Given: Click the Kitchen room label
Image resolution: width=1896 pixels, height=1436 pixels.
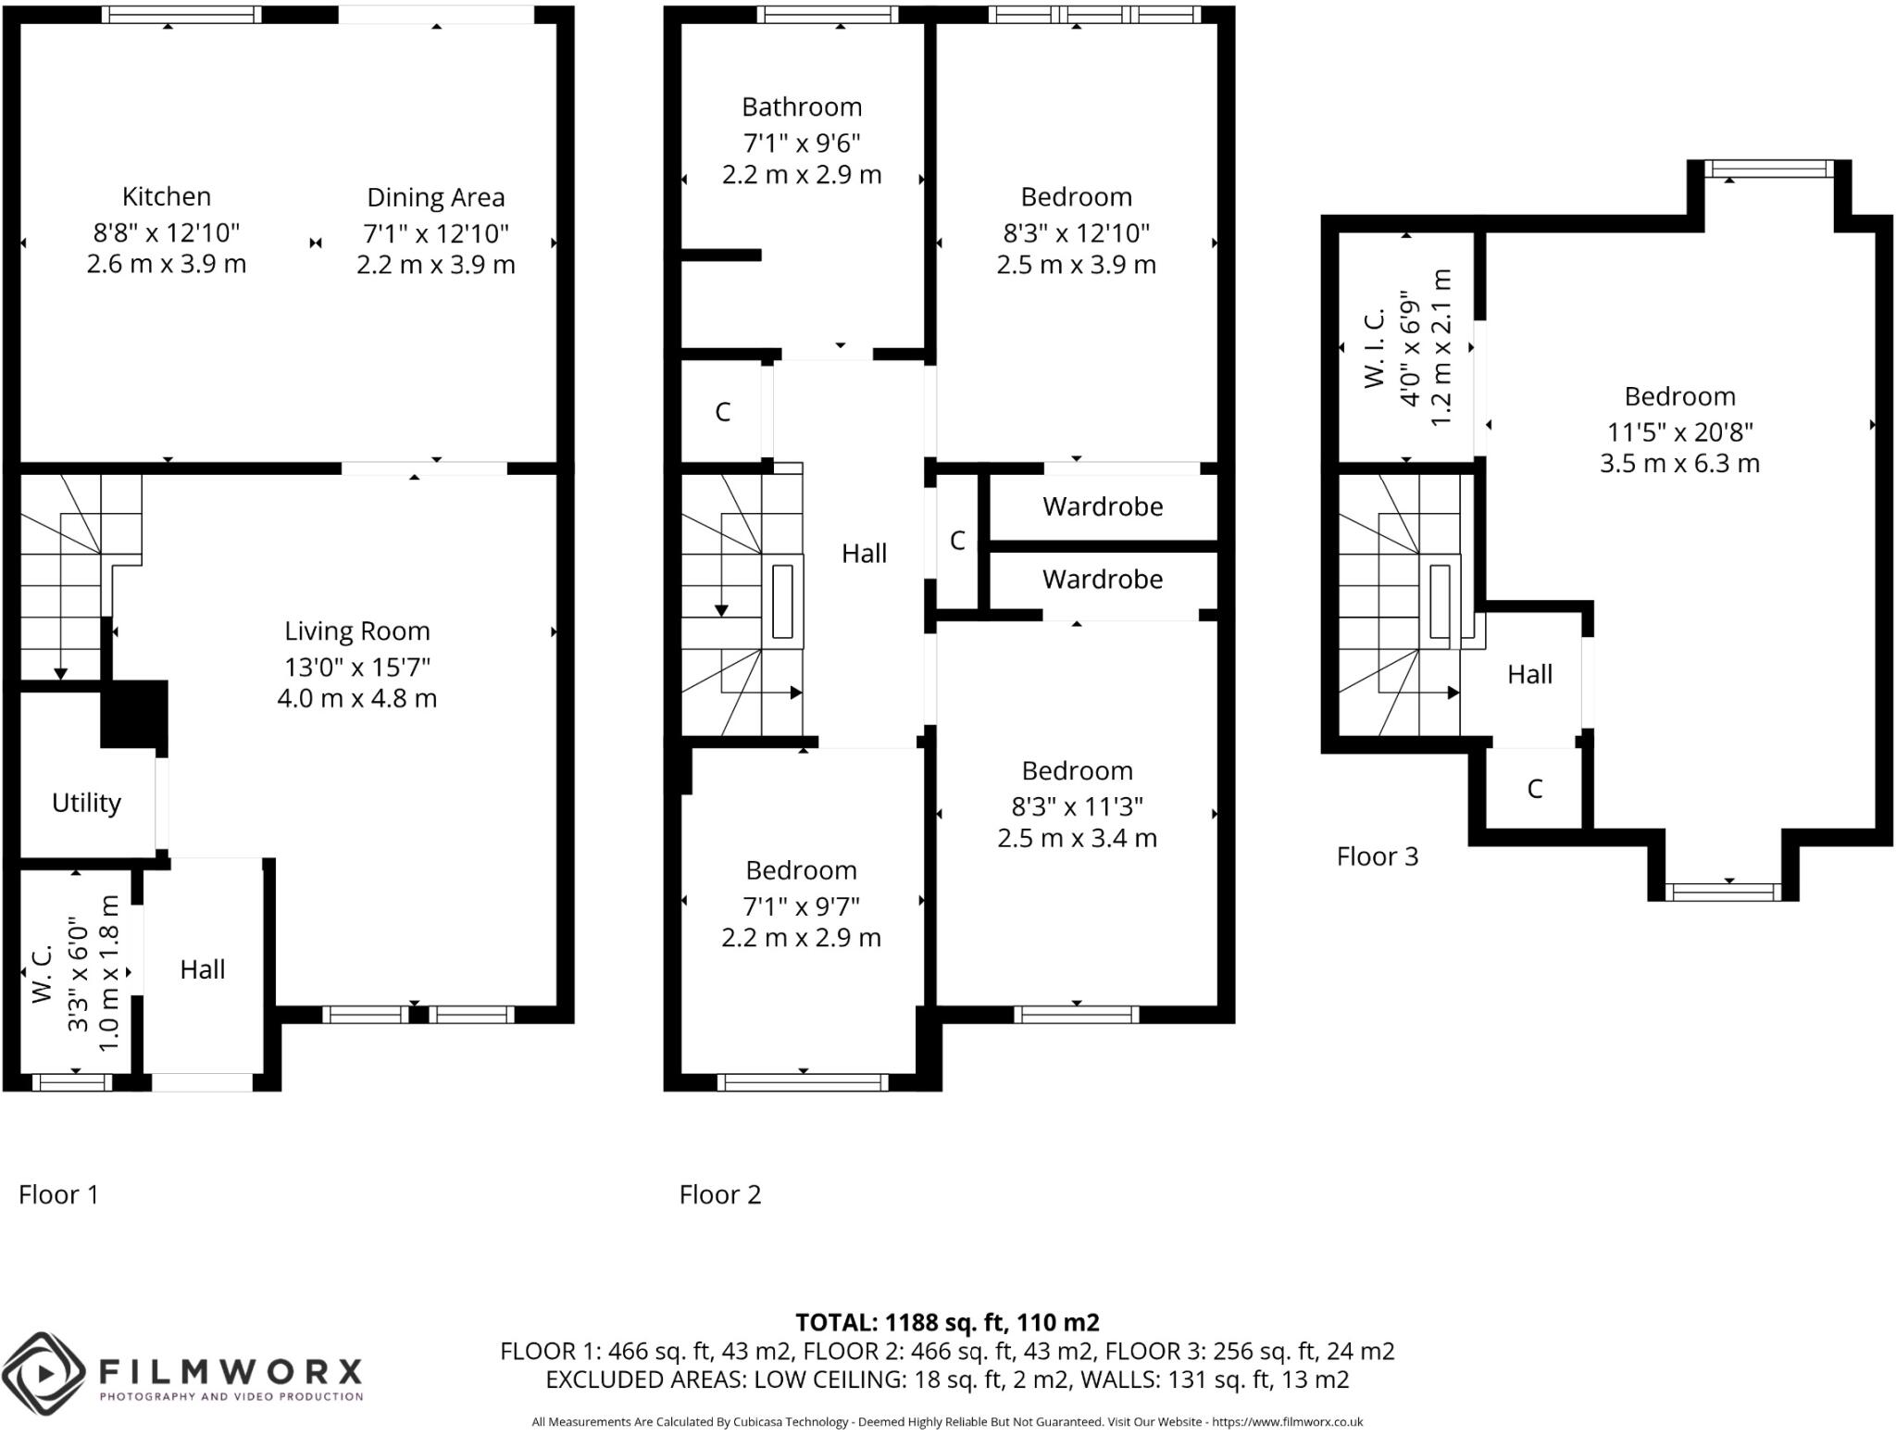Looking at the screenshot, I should (x=167, y=196).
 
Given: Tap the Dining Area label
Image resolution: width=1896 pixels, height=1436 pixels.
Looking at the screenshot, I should (x=435, y=197).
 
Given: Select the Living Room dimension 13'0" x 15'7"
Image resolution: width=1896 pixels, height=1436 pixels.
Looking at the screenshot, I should (x=357, y=667).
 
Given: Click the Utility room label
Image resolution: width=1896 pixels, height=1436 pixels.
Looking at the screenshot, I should (x=86, y=803).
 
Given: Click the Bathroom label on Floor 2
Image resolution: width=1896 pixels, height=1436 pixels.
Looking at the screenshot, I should (x=802, y=107).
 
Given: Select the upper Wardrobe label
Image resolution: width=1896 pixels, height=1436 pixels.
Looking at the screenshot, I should (x=1102, y=506).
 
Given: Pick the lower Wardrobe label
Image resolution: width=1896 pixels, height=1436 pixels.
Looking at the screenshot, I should (x=1102, y=580).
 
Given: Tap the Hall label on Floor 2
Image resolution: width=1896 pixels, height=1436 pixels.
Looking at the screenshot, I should (x=864, y=554).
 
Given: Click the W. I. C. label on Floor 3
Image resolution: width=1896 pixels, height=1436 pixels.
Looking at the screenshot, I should (x=1375, y=348).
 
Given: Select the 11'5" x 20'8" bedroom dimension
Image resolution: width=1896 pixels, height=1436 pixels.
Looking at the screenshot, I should (x=1679, y=431).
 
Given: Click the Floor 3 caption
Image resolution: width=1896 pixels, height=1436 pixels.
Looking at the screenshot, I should (x=1377, y=856).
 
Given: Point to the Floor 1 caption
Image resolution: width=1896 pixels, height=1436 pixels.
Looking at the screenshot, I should (x=58, y=1194).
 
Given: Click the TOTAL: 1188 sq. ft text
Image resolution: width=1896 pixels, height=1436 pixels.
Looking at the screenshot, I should (x=947, y=1322).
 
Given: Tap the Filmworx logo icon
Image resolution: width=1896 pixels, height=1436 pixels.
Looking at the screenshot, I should (x=44, y=1372).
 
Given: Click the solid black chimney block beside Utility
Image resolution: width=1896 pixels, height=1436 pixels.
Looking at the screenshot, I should (x=134, y=713).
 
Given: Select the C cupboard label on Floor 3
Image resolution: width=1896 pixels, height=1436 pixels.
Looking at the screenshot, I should (x=1534, y=789).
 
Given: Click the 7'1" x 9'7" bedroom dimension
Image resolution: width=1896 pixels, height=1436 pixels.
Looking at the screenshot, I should (x=801, y=905).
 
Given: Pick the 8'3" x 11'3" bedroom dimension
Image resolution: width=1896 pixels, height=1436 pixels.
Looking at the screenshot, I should (x=1077, y=806).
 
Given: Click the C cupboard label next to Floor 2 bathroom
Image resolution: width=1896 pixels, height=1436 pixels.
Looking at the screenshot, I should (x=722, y=412).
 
